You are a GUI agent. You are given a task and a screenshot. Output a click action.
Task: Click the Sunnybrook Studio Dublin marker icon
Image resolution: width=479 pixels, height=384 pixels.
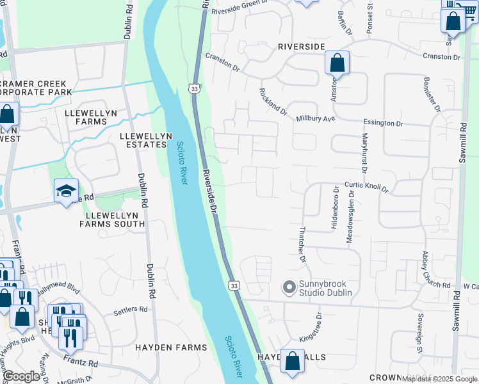coord(289,287)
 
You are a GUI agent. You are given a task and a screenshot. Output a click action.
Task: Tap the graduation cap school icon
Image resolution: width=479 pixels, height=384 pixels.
coord(66,191)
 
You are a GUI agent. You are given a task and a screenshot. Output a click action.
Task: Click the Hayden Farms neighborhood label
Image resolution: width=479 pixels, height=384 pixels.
coord(171,348)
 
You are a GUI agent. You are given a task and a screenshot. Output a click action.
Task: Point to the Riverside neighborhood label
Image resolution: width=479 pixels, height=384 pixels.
coord(302,47)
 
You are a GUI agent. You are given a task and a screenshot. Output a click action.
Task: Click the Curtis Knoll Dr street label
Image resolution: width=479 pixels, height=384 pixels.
coord(366,186)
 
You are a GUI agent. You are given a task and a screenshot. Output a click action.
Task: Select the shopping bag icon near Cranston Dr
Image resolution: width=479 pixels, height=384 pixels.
coord(337,63)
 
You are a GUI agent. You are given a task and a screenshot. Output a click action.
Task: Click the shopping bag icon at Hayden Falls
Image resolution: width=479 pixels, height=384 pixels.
coord(293,361)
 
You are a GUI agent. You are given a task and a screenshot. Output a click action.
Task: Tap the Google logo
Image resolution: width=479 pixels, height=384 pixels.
coord(21,376)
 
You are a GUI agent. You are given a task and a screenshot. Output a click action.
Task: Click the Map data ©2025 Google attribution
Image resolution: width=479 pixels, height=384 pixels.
coord(439,379)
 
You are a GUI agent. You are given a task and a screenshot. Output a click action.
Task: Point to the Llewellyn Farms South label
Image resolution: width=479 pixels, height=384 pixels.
coord(112,219)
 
